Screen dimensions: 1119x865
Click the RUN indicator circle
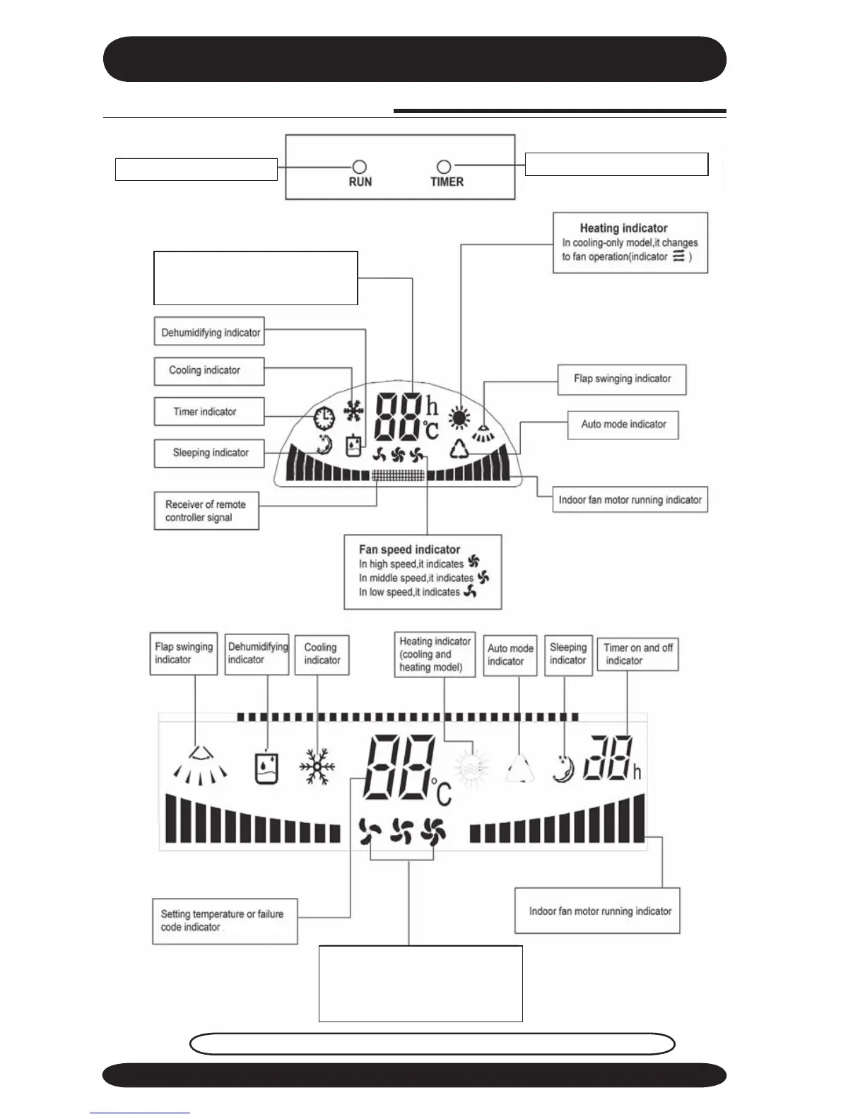click(x=360, y=167)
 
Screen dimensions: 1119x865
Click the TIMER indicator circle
click(x=444, y=167)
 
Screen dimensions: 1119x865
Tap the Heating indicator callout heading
click(x=623, y=228)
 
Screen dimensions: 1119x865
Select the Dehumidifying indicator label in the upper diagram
click(x=210, y=332)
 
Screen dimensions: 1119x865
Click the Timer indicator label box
click(x=208, y=411)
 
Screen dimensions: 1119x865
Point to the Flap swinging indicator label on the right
click(x=622, y=379)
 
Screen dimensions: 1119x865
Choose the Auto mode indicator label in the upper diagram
click(x=623, y=424)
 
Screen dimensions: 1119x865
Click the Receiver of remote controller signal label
click(x=206, y=511)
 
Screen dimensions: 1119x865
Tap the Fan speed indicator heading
click(x=409, y=549)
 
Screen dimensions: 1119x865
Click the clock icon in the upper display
click(x=324, y=418)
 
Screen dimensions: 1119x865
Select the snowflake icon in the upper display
click(x=353, y=411)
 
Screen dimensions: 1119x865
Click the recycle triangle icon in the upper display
click(x=460, y=448)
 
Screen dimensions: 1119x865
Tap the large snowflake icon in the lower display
click(x=317, y=766)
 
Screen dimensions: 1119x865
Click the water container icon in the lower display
click(x=266, y=768)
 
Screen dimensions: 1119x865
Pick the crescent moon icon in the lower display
click(x=563, y=768)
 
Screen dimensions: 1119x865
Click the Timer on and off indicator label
click(x=637, y=654)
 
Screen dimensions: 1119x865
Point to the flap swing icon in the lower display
click(x=201, y=766)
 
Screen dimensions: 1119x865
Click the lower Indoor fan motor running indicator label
click(x=600, y=911)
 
